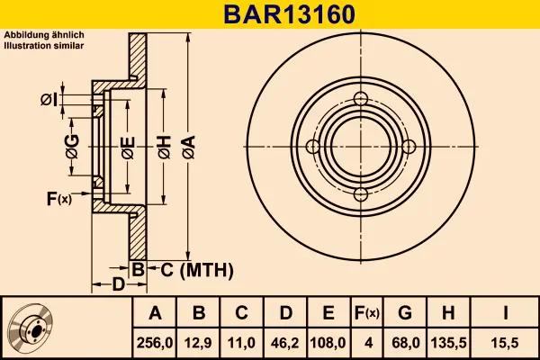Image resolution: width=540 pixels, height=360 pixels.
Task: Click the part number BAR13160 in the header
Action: pyautogui.click(x=270, y=14)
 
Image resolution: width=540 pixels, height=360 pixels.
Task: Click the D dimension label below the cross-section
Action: pyautogui.click(x=118, y=285)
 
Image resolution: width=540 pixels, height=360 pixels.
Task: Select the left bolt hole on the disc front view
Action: pyautogui.click(x=312, y=148)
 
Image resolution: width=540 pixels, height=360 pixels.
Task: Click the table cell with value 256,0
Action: pyautogui.click(x=156, y=343)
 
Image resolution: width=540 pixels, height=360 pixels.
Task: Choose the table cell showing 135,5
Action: pyautogui.click(x=447, y=343)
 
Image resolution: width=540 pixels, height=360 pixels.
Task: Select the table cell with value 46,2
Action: pyautogui.click(x=285, y=343)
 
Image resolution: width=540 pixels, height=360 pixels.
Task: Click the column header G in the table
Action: pyautogui.click(x=404, y=313)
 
